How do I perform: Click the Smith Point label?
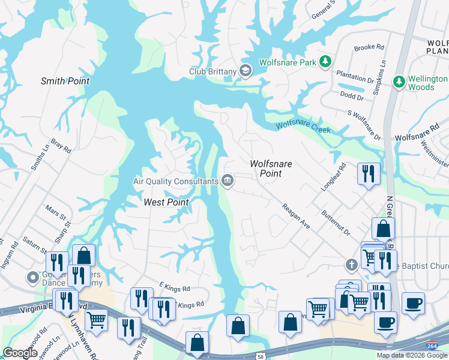65,81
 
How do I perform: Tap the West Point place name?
166,202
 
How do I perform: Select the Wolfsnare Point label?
265,168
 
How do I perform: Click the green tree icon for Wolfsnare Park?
325,62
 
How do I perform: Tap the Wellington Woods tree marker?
399,81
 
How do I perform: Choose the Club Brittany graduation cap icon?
245,71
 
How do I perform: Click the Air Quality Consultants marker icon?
228,180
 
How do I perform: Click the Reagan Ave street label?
297,216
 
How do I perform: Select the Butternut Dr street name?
335,223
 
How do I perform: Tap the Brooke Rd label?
369,47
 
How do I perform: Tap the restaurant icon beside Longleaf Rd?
369,173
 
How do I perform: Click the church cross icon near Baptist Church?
352,264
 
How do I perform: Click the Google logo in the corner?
20,353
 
